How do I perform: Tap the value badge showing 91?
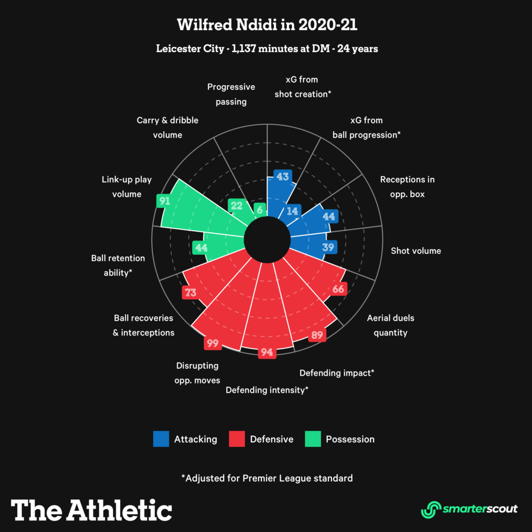[165, 201]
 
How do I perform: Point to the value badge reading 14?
[293, 211]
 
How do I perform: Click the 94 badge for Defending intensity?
[267, 353]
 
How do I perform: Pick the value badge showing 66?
[338, 289]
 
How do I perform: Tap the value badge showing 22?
[236, 206]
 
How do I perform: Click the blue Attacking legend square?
[161, 439]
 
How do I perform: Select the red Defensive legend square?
[237, 439]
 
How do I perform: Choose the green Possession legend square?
[313, 439]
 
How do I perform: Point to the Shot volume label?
[416, 251]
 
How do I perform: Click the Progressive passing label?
[231, 94]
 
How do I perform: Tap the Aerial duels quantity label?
[390, 325]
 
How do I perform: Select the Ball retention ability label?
[118, 265]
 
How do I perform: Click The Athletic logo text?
[91, 510]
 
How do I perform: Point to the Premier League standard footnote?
[267, 478]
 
